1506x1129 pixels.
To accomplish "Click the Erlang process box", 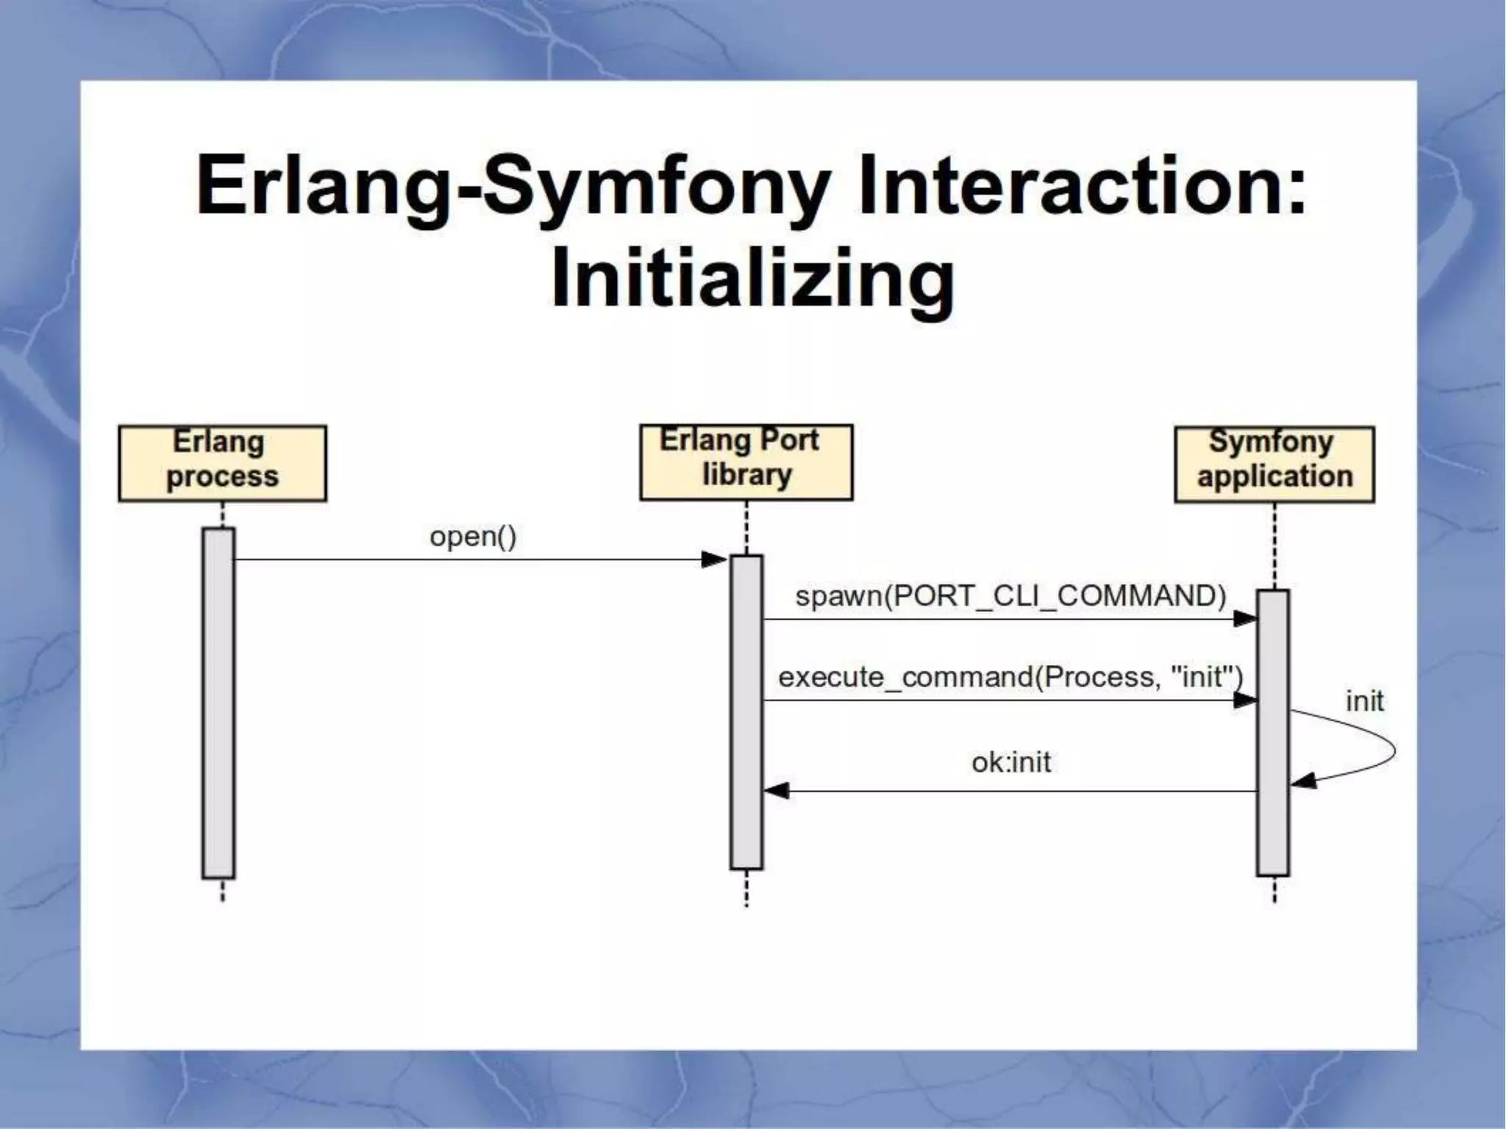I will tap(222, 463).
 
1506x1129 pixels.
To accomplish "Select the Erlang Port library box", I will tap(746, 462).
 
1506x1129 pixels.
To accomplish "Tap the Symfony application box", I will tap(1274, 465).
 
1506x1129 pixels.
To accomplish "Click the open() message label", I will tap(473, 537).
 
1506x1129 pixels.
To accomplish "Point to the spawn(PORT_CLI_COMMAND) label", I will tap(1010, 595).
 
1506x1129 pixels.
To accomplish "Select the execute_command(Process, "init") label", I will tap(1010, 676).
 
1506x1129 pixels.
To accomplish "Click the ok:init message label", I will tap(1010, 762).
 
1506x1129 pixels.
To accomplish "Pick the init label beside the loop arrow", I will tap(1364, 701).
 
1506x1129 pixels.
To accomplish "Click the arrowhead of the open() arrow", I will tap(713, 560).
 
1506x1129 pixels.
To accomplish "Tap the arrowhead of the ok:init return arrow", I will tap(777, 791).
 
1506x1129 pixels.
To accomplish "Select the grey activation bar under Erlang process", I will tap(218, 703).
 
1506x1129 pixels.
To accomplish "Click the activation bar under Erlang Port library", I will tap(746, 712).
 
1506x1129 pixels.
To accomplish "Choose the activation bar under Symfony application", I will tap(1272, 732).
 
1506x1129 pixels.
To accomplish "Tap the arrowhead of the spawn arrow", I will tap(1244, 619).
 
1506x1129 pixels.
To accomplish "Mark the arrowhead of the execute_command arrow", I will tap(1244, 700).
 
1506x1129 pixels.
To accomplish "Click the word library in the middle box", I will tap(746, 476).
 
